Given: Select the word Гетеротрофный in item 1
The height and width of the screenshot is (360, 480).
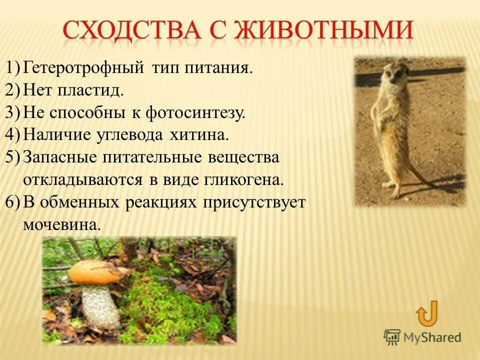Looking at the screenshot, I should tap(84, 67).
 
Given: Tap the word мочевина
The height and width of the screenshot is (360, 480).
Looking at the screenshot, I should tap(61, 224).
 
